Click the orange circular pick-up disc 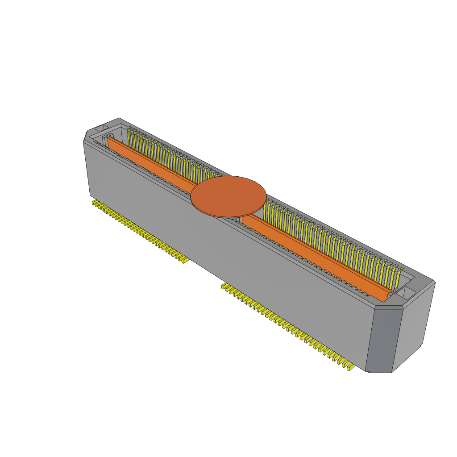coord(228,196)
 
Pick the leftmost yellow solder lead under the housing coord(94,203)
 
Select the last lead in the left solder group coord(183,260)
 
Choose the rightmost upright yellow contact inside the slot coord(398,278)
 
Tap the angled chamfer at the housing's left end coord(85,136)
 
